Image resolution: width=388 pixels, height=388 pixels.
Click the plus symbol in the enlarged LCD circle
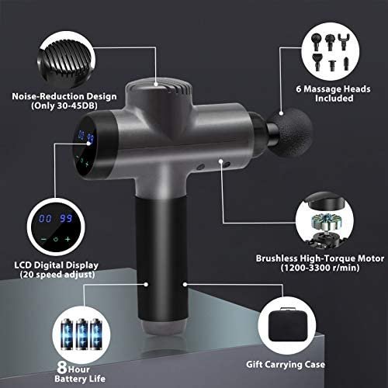[x=68, y=239]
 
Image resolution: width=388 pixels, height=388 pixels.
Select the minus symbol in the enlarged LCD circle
[x=43, y=239]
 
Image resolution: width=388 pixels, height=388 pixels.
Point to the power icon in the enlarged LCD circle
[x=56, y=239]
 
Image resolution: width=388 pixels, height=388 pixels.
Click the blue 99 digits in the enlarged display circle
[x=66, y=219]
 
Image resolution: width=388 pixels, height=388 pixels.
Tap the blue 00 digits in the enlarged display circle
[x=45, y=219]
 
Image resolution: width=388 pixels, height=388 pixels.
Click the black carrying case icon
[x=287, y=324]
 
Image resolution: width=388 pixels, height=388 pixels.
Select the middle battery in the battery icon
[x=81, y=334]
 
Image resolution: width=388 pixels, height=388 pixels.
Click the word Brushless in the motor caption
[x=276, y=258]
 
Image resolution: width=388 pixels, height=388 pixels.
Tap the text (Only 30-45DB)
[x=64, y=106]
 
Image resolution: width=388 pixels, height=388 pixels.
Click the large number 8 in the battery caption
[x=62, y=367]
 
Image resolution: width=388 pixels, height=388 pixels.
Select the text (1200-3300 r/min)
[x=320, y=268]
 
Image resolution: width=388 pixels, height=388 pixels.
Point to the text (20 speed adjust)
[x=57, y=275]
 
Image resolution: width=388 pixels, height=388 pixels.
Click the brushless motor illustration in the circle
[x=325, y=223]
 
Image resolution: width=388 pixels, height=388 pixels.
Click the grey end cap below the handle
[x=164, y=328]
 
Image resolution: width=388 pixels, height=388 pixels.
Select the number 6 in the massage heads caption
[x=299, y=89]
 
